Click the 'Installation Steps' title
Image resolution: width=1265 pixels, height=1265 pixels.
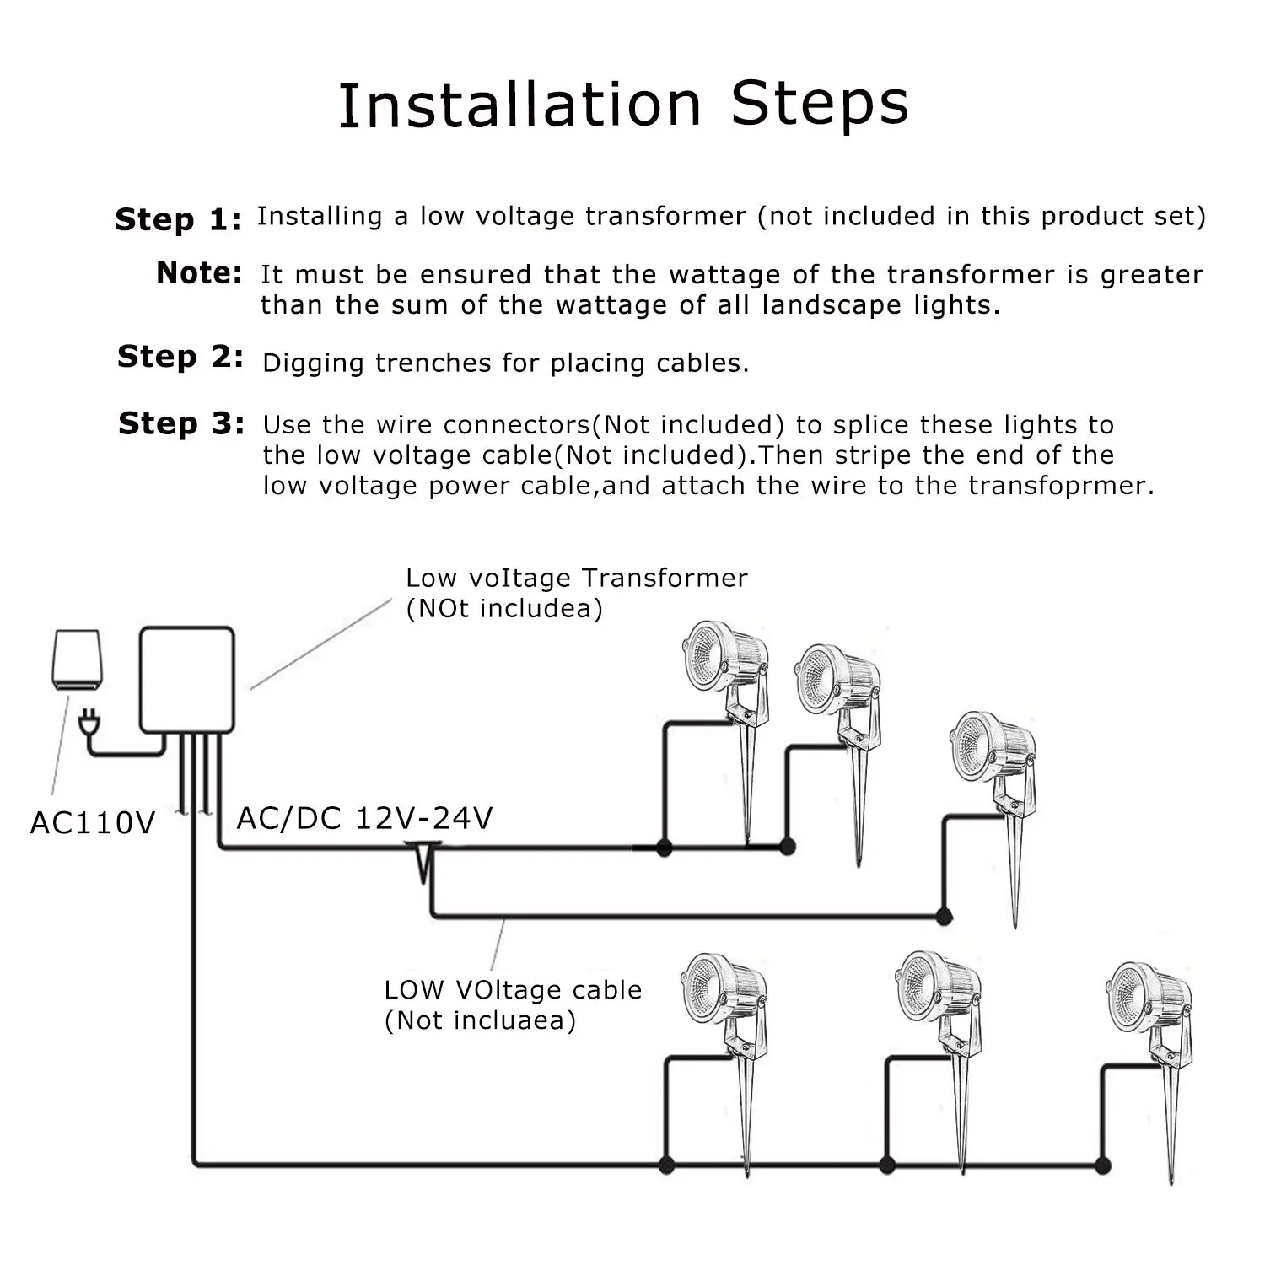(623, 105)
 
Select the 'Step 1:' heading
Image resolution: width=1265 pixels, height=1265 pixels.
(179, 219)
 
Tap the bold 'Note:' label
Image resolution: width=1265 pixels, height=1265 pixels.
(200, 272)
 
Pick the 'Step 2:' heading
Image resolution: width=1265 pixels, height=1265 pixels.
(180, 356)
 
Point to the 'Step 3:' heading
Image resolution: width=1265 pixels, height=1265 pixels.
(181, 423)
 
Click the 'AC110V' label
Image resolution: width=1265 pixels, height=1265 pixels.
(93, 822)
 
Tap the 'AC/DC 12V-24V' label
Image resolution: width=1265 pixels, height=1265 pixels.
(364, 818)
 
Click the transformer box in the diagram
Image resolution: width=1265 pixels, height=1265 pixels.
(186, 680)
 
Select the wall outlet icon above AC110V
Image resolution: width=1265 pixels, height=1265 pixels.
(77, 661)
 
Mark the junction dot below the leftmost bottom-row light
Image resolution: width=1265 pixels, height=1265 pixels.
(666, 1165)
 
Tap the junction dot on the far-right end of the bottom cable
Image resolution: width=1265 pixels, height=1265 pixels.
(1101, 1166)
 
